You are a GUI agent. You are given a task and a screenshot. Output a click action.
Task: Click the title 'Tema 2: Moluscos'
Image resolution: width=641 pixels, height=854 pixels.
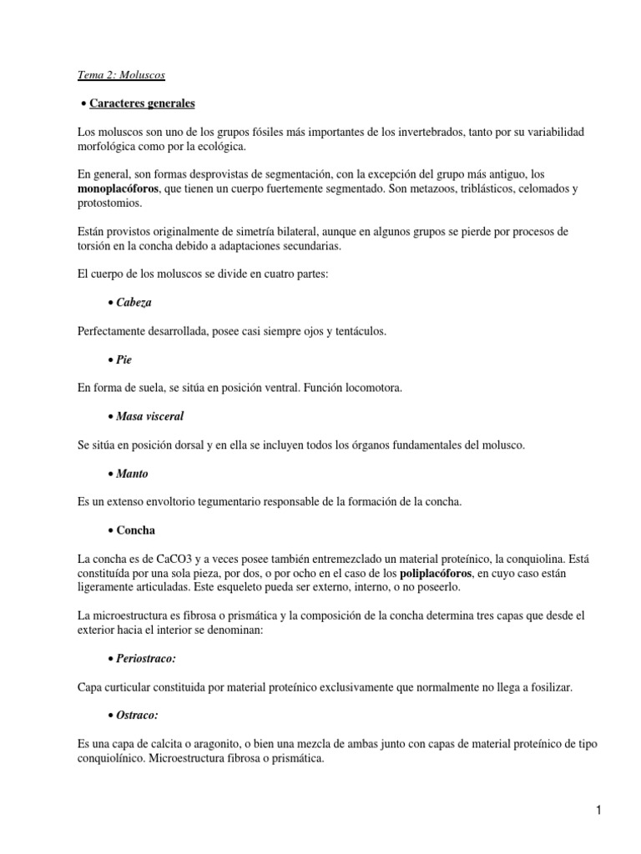click(x=120, y=75)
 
